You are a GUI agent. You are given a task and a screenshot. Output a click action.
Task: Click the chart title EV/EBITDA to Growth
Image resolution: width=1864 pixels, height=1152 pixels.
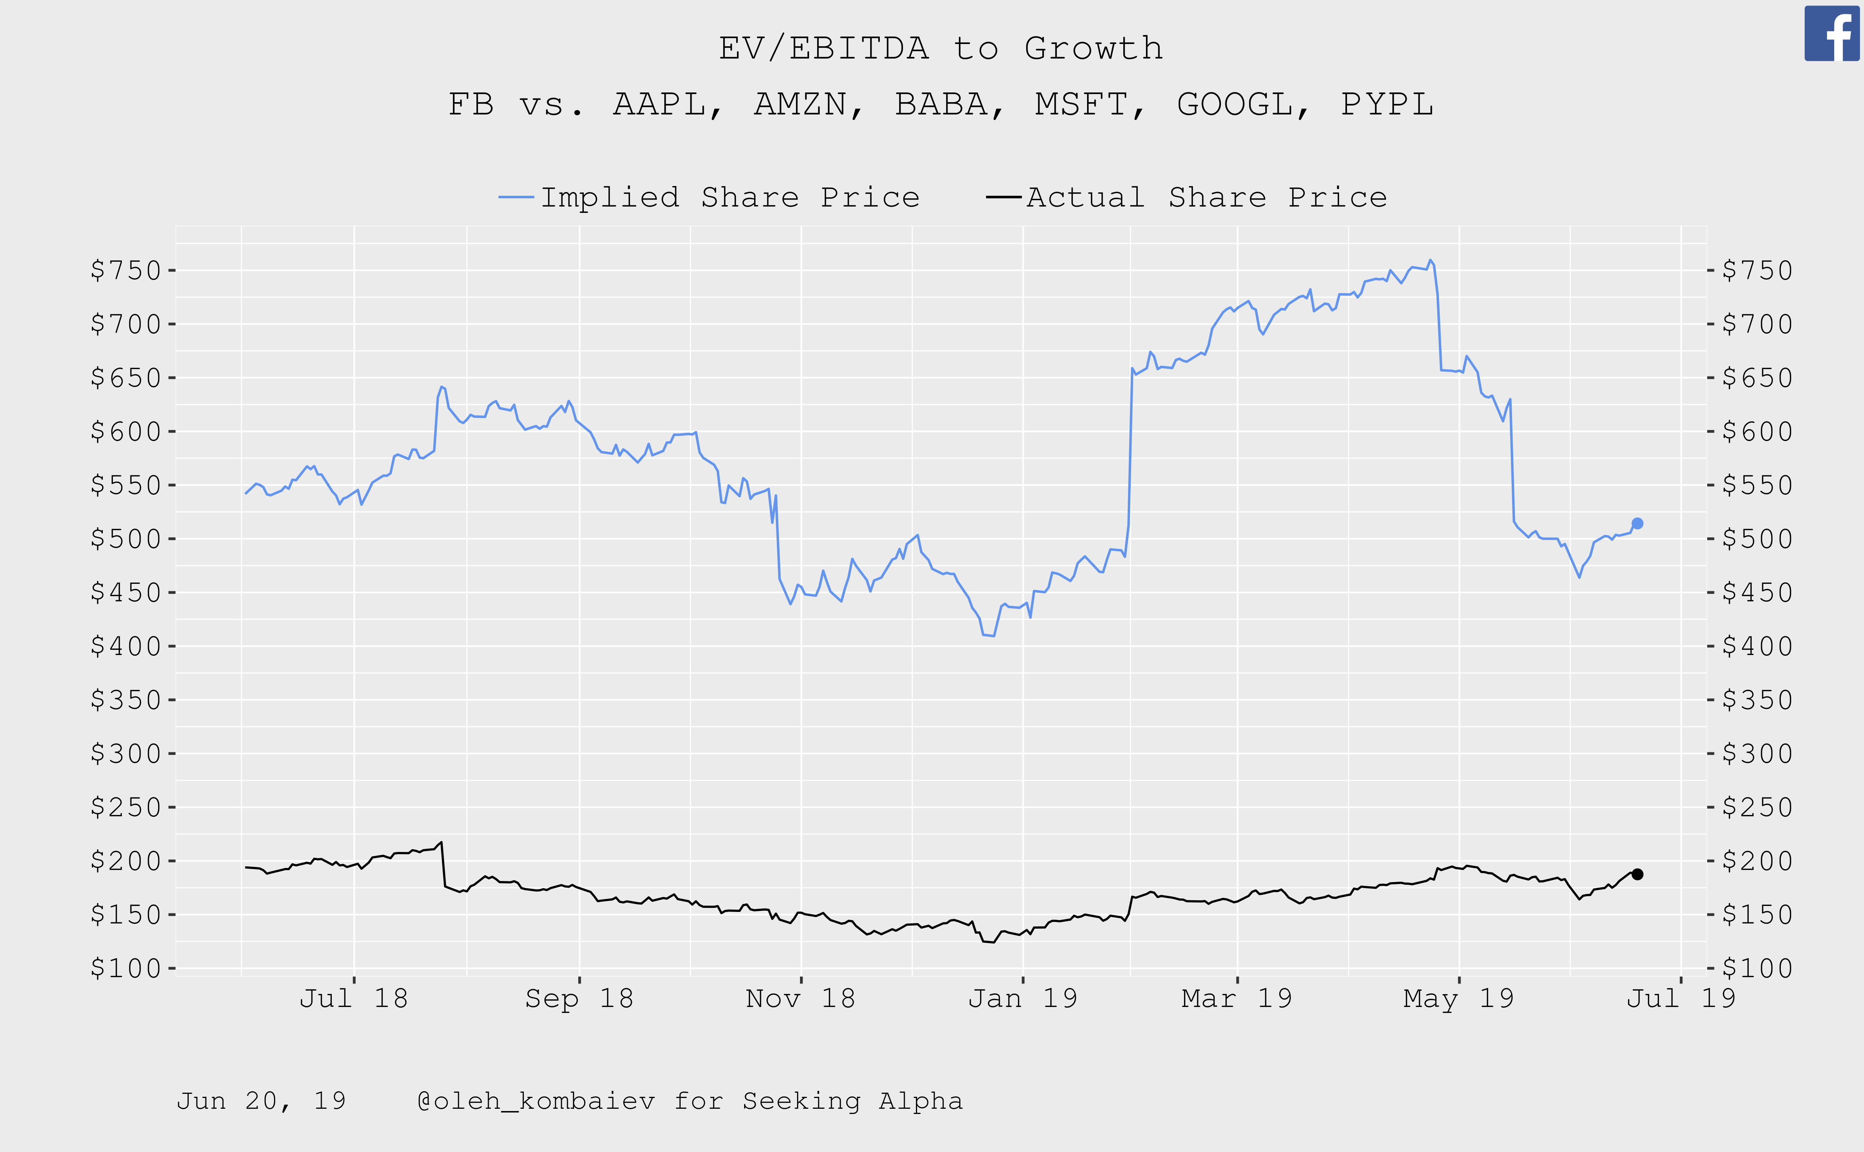click(941, 48)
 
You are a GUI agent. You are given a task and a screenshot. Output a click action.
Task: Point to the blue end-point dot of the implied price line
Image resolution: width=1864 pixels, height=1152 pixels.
click(1637, 523)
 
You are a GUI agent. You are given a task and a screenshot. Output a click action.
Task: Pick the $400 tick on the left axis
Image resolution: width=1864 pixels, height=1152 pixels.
click(126, 646)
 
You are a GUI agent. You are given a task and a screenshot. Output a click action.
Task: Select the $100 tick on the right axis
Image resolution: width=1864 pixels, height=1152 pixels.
click(1757, 968)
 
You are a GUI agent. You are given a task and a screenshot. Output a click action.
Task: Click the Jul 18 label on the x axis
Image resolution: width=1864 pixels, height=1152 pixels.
click(353, 998)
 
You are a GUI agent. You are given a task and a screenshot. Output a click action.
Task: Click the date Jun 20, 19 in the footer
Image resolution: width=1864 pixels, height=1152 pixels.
click(261, 1101)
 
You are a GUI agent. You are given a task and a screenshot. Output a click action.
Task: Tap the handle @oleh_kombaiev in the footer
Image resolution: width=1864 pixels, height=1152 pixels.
click(536, 1101)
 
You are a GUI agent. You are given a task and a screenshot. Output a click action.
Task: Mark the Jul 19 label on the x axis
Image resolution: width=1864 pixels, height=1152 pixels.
click(1681, 998)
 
